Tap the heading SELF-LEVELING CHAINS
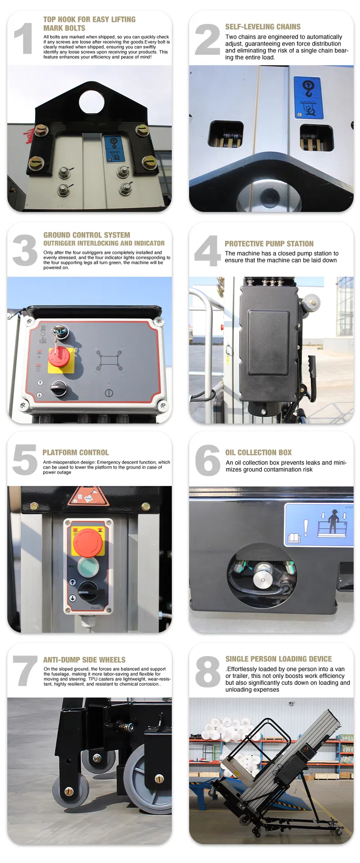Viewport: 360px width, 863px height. tap(262, 27)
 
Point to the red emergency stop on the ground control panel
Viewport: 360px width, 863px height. tap(59, 356)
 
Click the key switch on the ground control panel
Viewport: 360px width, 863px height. tap(60, 332)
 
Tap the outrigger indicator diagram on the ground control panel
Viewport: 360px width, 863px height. tap(109, 361)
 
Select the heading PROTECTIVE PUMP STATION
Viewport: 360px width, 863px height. tap(269, 244)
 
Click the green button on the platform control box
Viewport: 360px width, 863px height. tap(88, 567)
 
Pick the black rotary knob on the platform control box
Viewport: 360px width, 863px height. tap(88, 591)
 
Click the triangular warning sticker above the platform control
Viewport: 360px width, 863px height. tap(88, 496)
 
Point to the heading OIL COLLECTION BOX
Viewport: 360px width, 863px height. tap(258, 452)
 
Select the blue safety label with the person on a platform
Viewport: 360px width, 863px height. tap(319, 525)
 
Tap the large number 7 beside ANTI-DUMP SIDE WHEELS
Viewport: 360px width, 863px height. tap(25, 671)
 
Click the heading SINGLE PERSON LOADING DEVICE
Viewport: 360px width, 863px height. tap(278, 659)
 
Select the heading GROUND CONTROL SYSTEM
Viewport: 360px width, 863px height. tap(87, 235)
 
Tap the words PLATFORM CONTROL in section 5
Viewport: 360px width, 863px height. tap(76, 452)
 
